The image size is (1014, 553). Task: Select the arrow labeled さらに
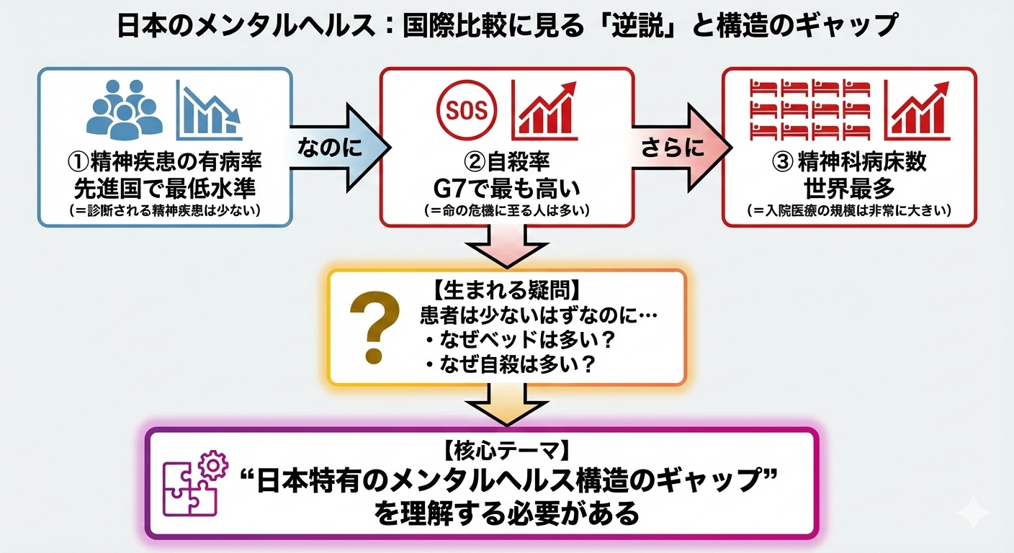tap(676, 147)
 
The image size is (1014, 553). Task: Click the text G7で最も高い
tap(506, 189)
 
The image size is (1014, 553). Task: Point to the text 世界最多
tap(848, 189)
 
